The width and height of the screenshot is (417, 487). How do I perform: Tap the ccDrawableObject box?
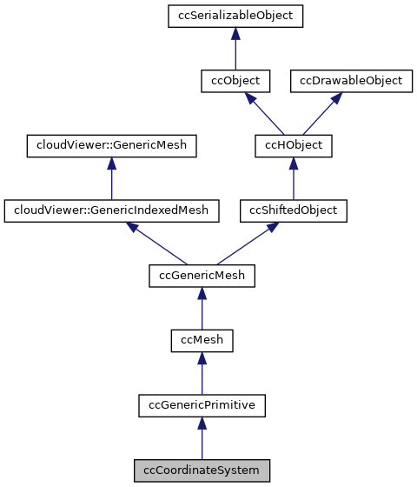(x=351, y=81)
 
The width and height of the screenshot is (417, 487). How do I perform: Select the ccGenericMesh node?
(x=202, y=276)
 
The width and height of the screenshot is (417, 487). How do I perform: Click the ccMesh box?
(x=202, y=340)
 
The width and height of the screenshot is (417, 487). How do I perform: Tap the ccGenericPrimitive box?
(x=202, y=404)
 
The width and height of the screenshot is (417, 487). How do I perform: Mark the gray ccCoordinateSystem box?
(x=202, y=470)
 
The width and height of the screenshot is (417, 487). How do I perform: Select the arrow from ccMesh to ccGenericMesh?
(x=202, y=309)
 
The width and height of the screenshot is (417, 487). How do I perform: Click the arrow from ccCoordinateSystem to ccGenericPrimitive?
(x=202, y=437)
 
